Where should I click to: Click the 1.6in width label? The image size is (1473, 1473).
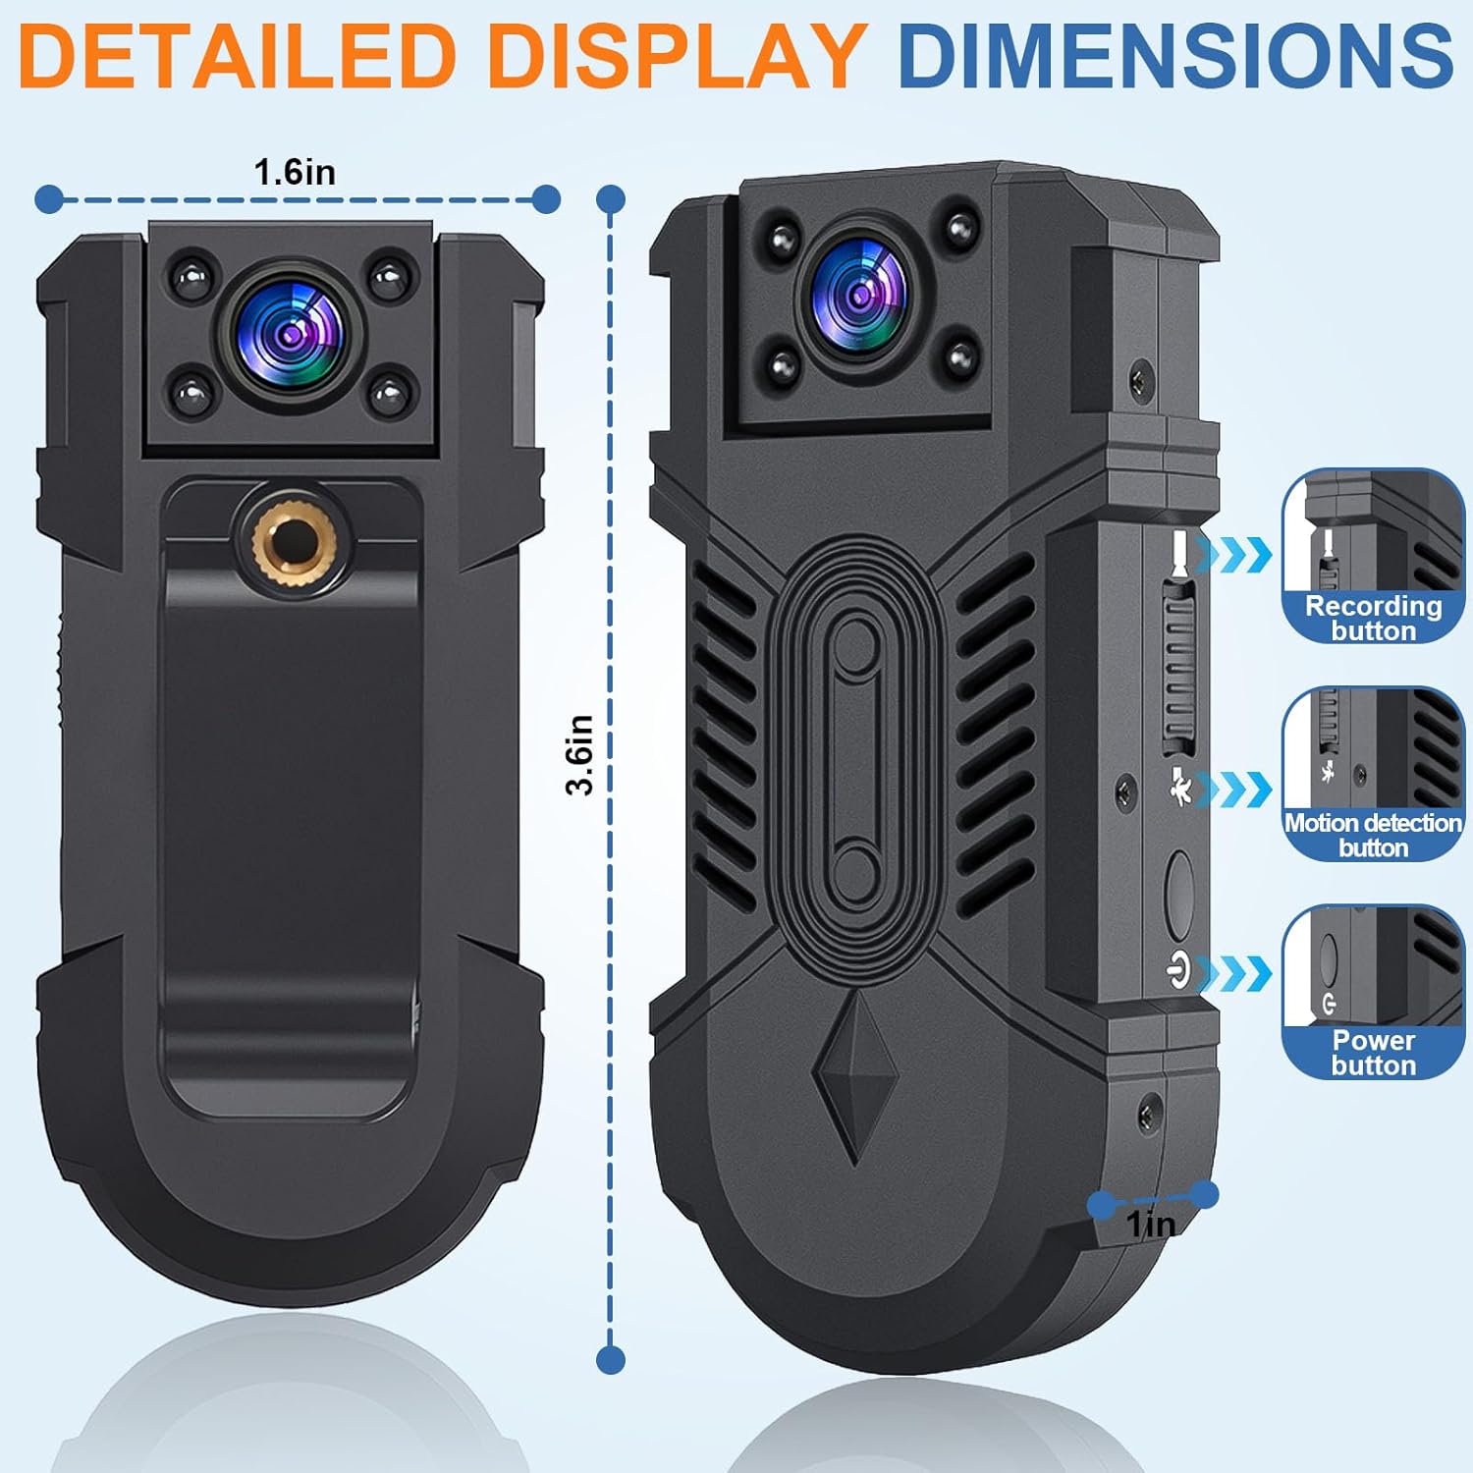click(295, 173)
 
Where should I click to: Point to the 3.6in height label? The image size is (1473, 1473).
click(580, 754)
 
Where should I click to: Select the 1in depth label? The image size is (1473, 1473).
click(1151, 1225)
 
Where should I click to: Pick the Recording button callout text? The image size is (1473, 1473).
click(1373, 618)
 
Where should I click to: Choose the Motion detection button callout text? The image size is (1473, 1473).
click(1373, 835)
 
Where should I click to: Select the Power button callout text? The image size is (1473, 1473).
click(1373, 1053)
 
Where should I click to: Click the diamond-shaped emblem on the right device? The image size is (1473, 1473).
click(854, 1076)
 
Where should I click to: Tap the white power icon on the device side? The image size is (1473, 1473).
click(1178, 971)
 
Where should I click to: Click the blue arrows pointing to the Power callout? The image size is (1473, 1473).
click(1235, 973)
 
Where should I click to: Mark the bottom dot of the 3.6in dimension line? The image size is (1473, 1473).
click(611, 1360)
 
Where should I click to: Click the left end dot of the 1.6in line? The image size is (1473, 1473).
click(49, 199)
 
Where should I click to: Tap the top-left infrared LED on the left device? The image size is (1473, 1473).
click(191, 276)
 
